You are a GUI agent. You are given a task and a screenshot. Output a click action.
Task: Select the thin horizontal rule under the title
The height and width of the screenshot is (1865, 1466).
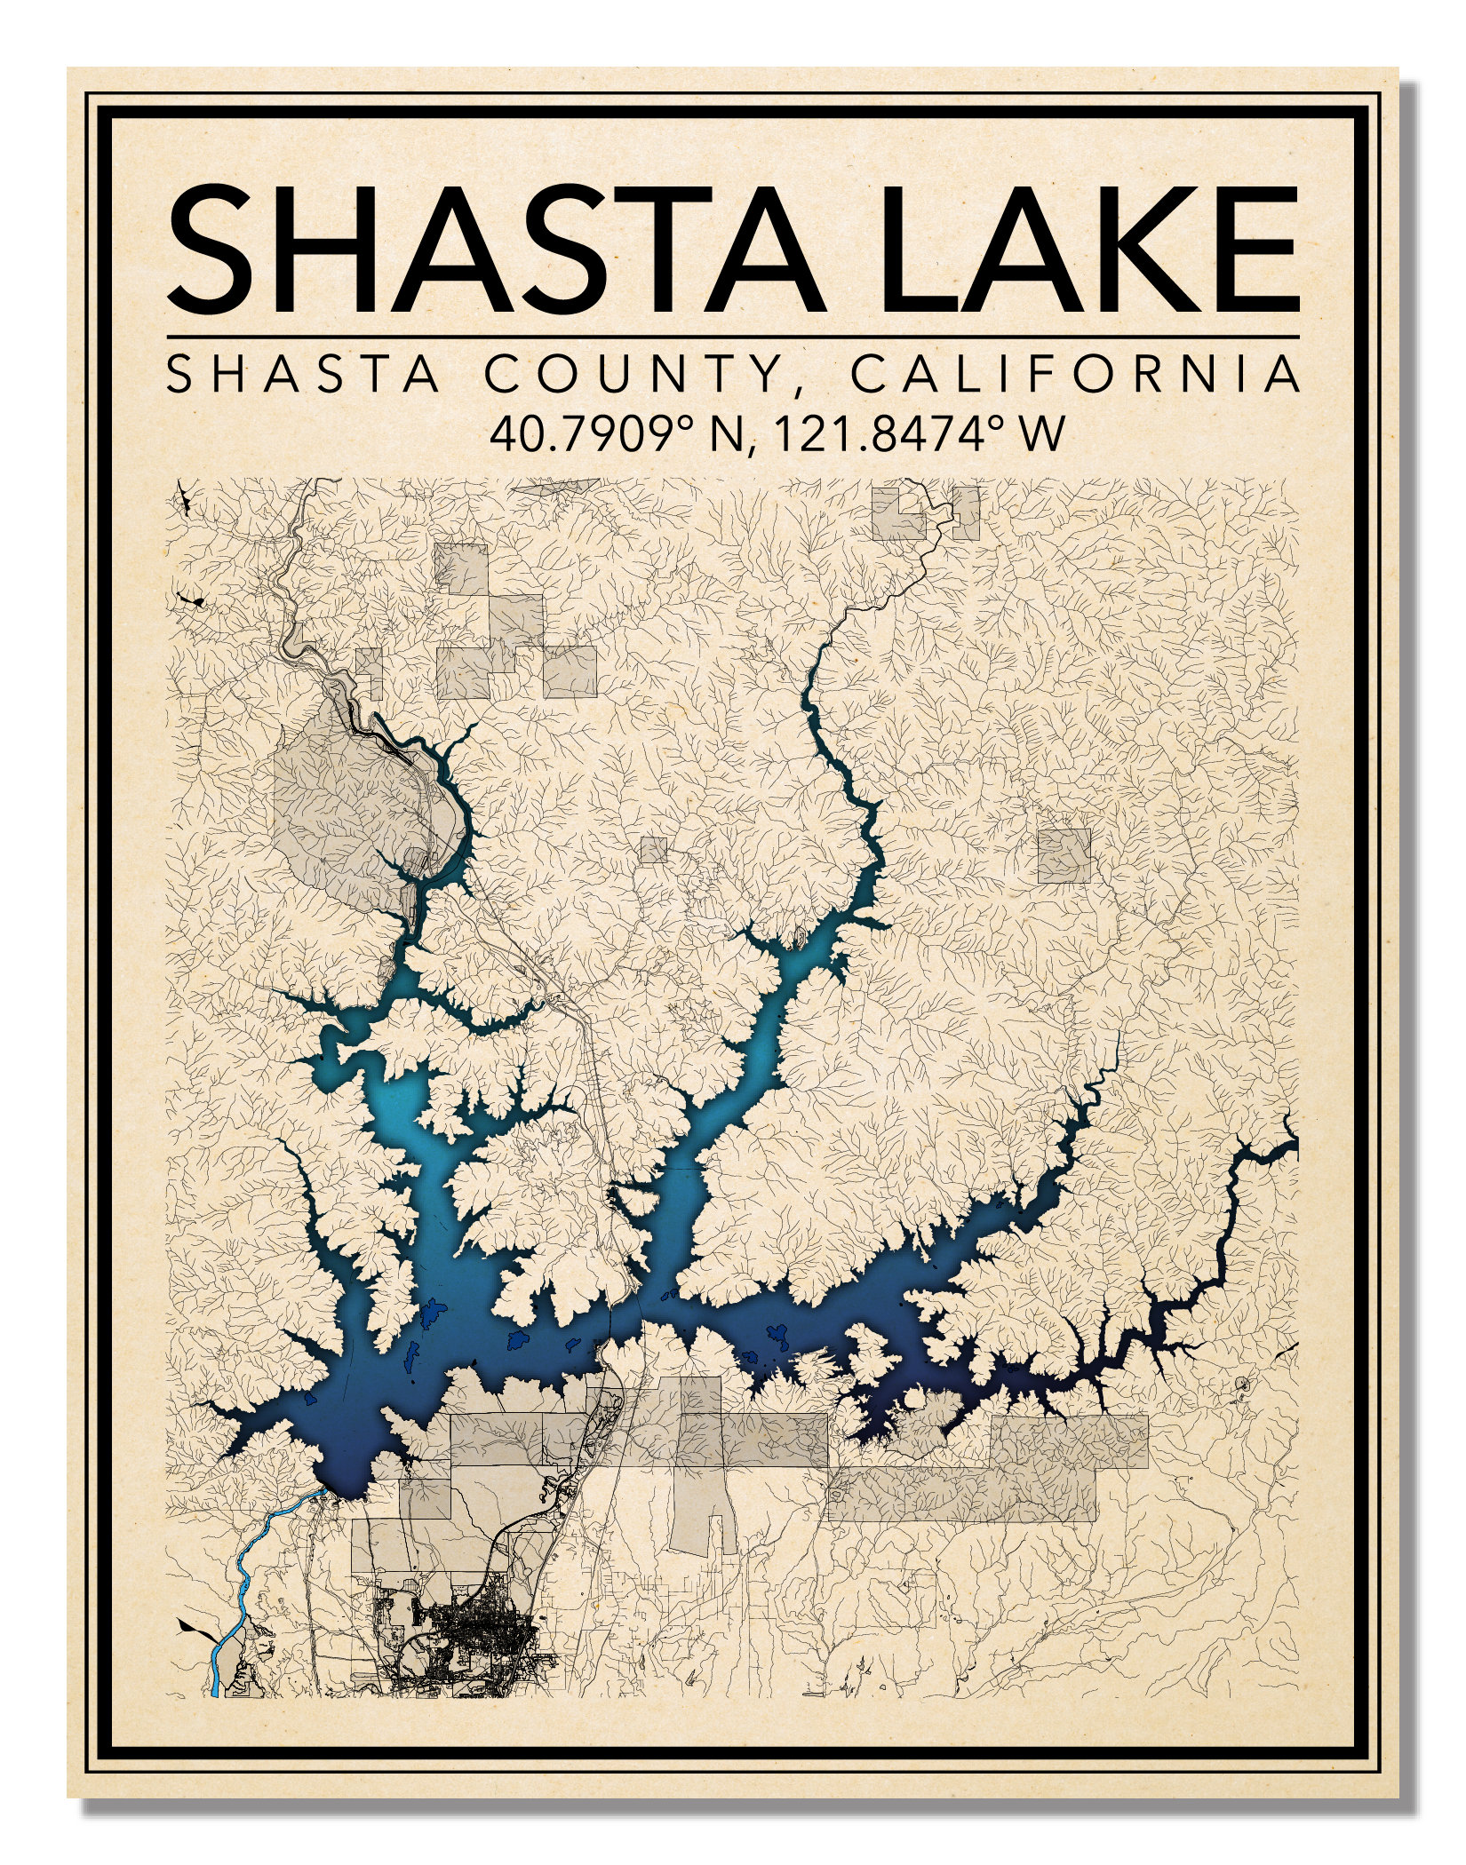[x=732, y=337]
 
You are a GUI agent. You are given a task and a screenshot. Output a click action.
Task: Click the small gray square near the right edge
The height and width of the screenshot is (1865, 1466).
[x=1064, y=855]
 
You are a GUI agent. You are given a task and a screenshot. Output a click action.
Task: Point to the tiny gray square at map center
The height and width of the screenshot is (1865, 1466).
[x=654, y=849]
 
